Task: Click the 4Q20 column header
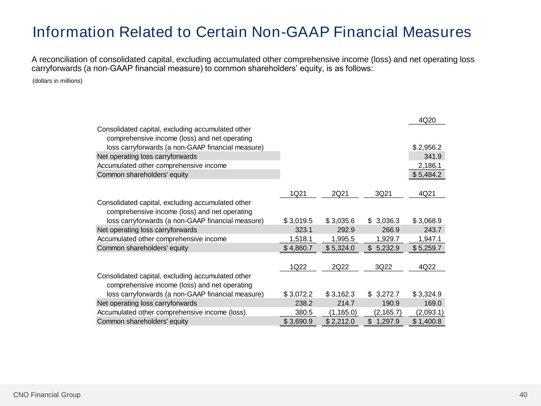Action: pyautogui.click(x=427, y=120)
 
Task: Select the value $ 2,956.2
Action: pyautogui.click(x=427, y=147)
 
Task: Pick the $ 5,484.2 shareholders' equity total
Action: pyautogui.click(x=427, y=175)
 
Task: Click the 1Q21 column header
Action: pyautogui.click(x=298, y=193)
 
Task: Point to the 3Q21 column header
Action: pyautogui.click(x=383, y=193)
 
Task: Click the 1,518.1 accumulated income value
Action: pyautogui.click(x=301, y=239)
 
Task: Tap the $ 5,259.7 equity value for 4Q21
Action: pyautogui.click(x=427, y=248)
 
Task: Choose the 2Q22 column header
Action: pyautogui.click(x=340, y=267)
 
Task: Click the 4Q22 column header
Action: pyautogui.click(x=427, y=267)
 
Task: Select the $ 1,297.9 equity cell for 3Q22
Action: pyautogui.click(x=383, y=322)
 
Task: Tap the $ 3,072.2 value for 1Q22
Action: pyautogui.click(x=298, y=294)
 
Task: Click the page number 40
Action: pyautogui.click(x=523, y=395)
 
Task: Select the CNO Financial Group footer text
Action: pyautogui.click(x=47, y=395)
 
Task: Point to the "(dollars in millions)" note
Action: pyautogui.click(x=57, y=81)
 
